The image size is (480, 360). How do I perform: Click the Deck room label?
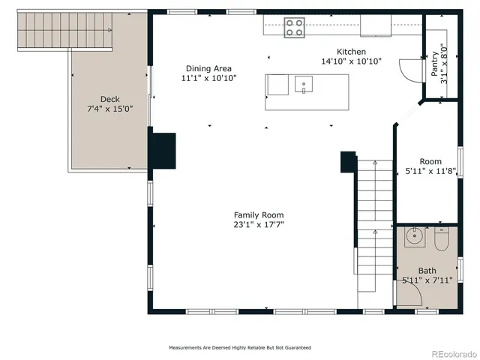pyautogui.click(x=109, y=99)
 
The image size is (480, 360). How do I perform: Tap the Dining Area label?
pyautogui.click(x=209, y=67)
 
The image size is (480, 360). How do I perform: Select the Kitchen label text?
pyautogui.click(x=351, y=52)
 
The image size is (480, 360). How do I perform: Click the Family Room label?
pyautogui.click(x=258, y=214)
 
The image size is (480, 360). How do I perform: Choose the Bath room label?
pyautogui.click(x=427, y=271)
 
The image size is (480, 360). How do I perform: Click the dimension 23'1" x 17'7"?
pyautogui.click(x=258, y=224)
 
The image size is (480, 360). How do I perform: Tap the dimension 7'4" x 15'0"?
pyautogui.click(x=109, y=109)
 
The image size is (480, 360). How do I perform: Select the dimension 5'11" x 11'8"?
pyautogui.click(x=430, y=172)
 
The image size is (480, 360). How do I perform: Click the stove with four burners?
pyautogui.click(x=295, y=28)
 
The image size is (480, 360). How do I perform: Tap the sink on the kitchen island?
pyautogui.click(x=304, y=84)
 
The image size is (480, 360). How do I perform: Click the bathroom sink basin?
pyautogui.click(x=415, y=238)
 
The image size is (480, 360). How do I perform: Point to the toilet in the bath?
pyautogui.click(x=440, y=238)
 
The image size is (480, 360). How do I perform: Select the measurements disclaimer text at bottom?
pyautogui.click(x=239, y=348)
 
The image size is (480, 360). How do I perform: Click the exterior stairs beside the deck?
pyautogui.click(x=64, y=30)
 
